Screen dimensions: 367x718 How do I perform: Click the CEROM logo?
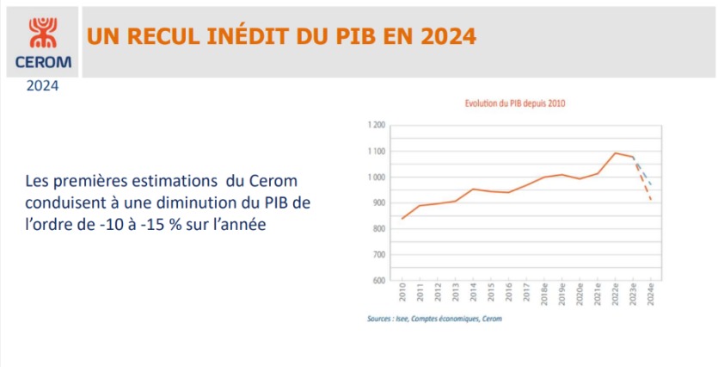[x=41, y=40]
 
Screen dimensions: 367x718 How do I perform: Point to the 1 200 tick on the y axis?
[x=376, y=125]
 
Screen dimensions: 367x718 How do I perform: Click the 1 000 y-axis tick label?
[x=376, y=177]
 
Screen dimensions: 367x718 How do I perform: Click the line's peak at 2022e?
[x=616, y=153]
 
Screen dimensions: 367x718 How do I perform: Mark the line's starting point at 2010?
[x=402, y=219]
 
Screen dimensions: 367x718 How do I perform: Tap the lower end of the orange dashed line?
[x=651, y=201]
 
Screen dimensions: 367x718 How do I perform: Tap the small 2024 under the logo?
[x=42, y=86]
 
